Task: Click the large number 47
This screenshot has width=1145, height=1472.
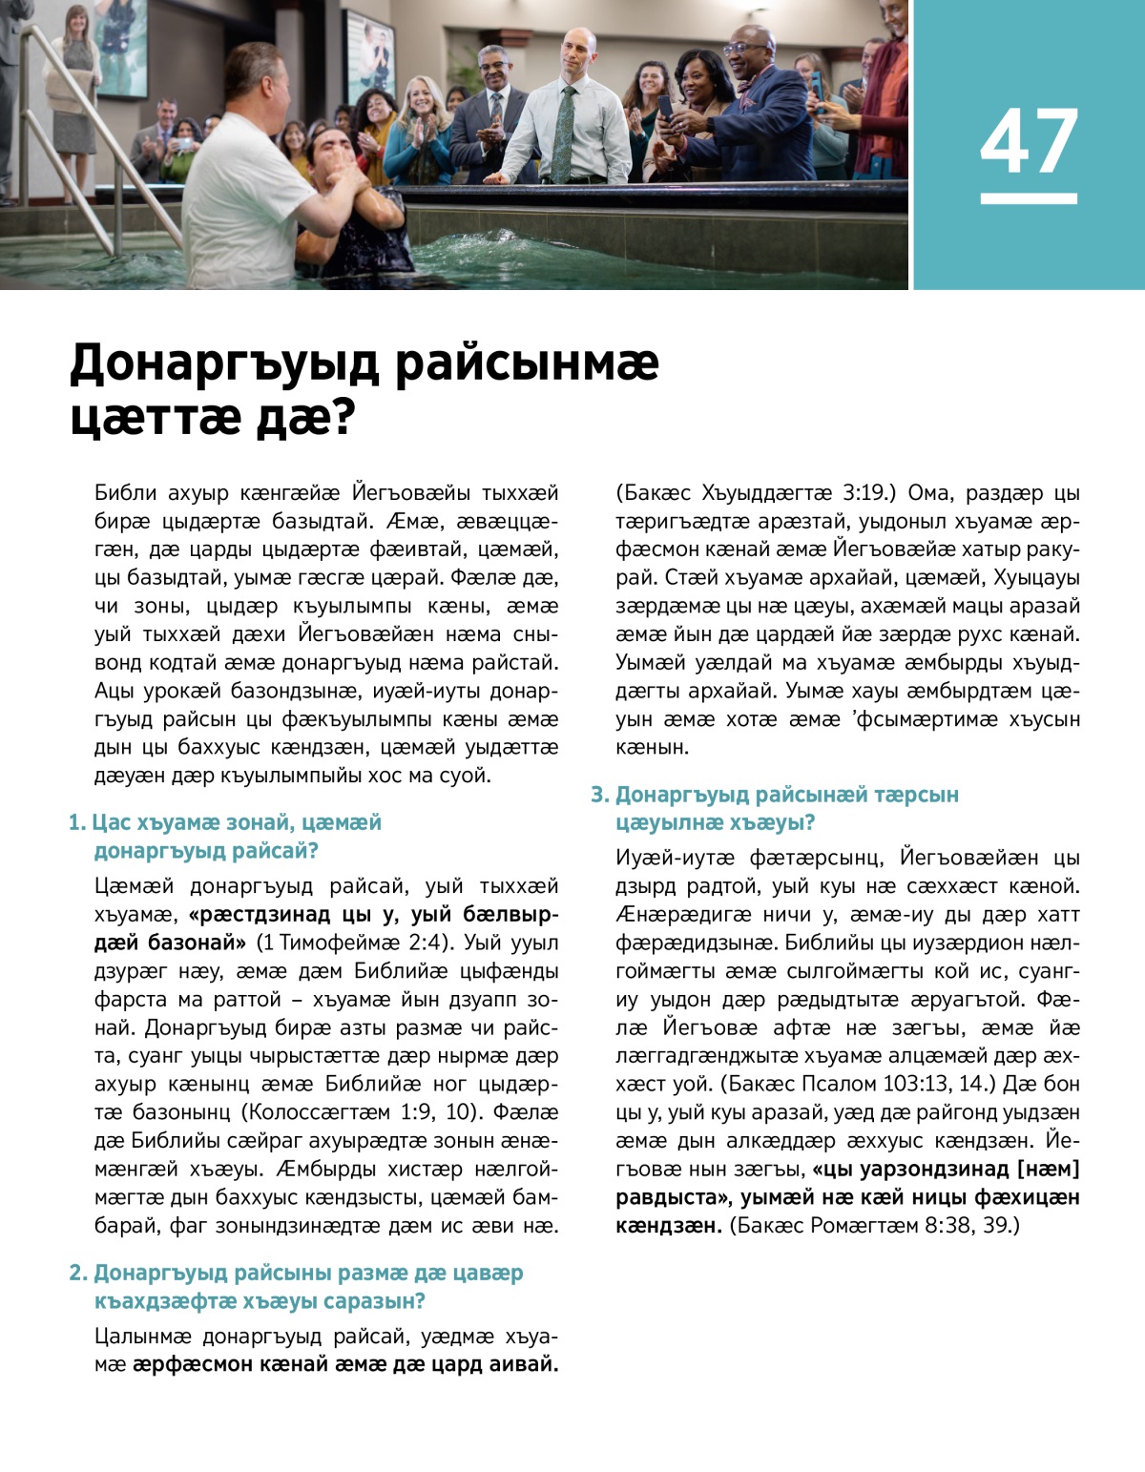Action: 1029,141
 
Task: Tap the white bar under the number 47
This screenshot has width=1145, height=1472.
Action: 1029,198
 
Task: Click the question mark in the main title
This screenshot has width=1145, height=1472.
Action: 341,418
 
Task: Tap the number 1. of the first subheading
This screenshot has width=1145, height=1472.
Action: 77,822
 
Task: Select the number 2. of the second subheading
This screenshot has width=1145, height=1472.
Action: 78,1273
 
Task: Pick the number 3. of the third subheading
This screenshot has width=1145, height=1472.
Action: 599,795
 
